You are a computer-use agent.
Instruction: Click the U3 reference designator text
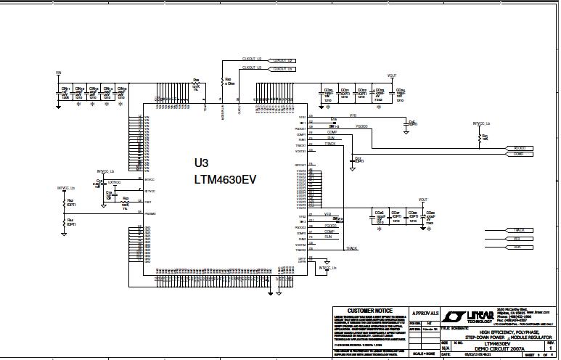click(x=202, y=163)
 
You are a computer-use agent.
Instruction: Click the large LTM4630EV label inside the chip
click(x=225, y=179)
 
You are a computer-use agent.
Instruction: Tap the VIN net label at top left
click(x=58, y=73)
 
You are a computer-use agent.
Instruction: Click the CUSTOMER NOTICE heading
click(x=369, y=311)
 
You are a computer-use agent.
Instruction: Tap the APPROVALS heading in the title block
click(x=425, y=311)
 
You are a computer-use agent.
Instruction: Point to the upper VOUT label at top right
click(x=392, y=75)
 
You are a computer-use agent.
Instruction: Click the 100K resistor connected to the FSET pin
click(x=126, y=200)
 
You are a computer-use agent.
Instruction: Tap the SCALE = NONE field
click(x=425, y=353)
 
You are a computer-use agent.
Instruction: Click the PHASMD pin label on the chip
click(x=150, y=213)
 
